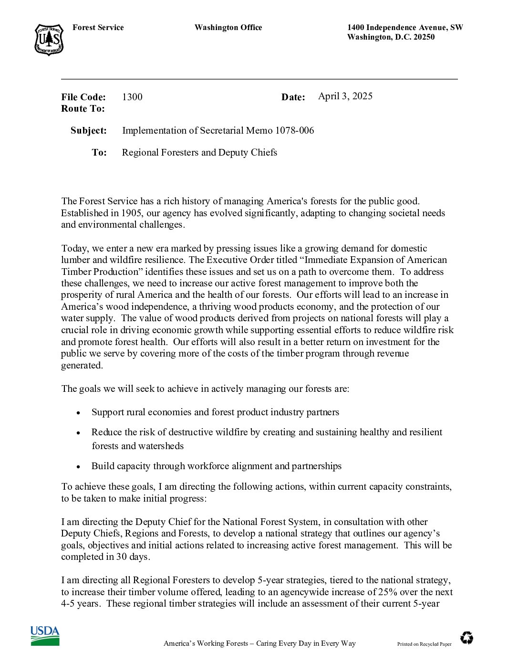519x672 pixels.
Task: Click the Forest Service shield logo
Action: pos(49,40)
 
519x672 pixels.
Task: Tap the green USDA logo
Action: pos(45,636)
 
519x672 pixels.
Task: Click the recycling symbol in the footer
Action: pos(467,638)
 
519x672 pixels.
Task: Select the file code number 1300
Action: pos(132,97)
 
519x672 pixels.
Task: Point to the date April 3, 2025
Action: pos(345,96)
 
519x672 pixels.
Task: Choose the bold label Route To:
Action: pos(83,109)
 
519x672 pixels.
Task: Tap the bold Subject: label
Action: pos(89,130)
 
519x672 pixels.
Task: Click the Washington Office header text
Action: pos(228,28)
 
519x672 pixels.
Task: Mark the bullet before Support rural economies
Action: pos(79,413)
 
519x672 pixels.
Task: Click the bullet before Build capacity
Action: pos(79,467)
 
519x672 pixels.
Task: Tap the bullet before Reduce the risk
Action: pos(79,433)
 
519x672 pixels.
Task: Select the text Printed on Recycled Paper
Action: pos(424,644)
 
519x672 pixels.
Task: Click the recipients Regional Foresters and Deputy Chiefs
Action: pos(199,152)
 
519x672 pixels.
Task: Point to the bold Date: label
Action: pos(293,97)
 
